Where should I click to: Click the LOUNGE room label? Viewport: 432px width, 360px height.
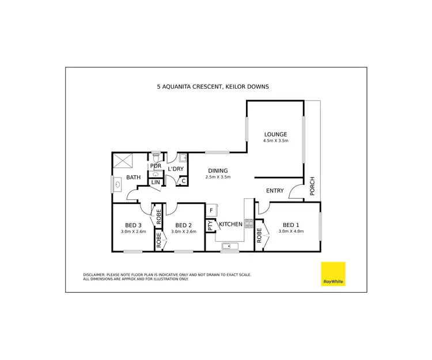click(275, 134)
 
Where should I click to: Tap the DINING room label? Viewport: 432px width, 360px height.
click(218, 170)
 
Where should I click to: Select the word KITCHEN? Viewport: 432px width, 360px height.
click(230, 223)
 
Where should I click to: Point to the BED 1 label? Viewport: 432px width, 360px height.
click(290, 225)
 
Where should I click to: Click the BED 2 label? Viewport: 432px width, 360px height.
click(183, 225)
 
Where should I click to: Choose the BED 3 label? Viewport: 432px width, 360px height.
click(133, 225)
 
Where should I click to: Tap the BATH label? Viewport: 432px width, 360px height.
click(134, 178)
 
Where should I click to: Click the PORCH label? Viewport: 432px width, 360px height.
click(312, 186)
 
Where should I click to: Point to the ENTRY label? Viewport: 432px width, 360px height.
click(275, 191)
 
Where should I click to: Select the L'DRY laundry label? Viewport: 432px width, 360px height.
click(175, 168)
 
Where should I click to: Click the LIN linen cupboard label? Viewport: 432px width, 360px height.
click(156, 182)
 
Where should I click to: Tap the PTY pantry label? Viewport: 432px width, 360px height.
click(211, 225)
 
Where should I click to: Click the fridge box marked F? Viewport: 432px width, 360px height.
click(211, 211)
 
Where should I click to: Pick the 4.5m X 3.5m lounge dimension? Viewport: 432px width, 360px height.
click(275, 141)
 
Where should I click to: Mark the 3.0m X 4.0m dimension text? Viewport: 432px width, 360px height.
click(290, 232)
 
